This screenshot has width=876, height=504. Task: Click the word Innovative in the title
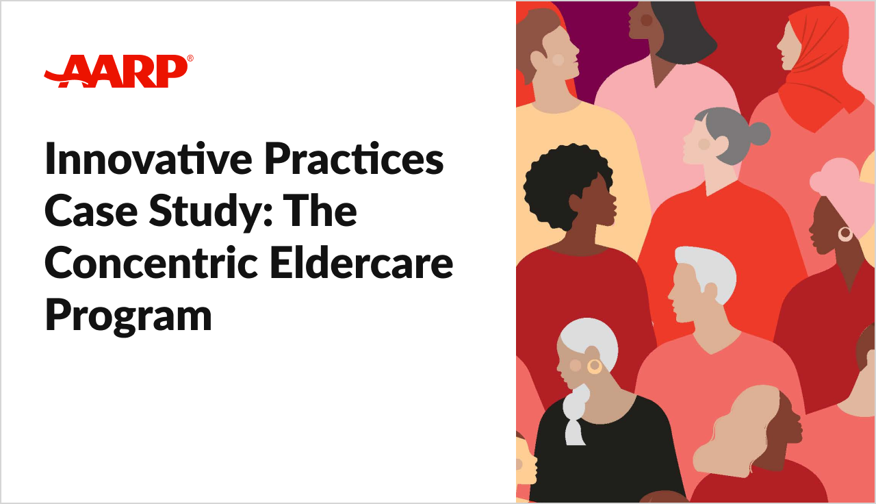(x=149, y=158)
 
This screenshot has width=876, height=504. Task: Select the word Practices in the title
(x=355, y=158)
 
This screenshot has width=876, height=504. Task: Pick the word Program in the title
(x=129, y=317)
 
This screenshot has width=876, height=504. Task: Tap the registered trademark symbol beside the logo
(x=190, y=58)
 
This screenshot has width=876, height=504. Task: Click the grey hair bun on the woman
(x=759, y=134)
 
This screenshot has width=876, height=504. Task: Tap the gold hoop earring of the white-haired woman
(x=595, y=366)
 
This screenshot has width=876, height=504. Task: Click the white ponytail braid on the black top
(x=575, y=415)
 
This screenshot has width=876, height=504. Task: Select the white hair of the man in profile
(x=708, y=270)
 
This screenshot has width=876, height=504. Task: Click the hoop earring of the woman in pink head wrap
(x=845, y=234)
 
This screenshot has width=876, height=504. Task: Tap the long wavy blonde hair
(x=735, y=431)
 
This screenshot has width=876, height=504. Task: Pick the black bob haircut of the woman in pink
(x=682, y=32)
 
